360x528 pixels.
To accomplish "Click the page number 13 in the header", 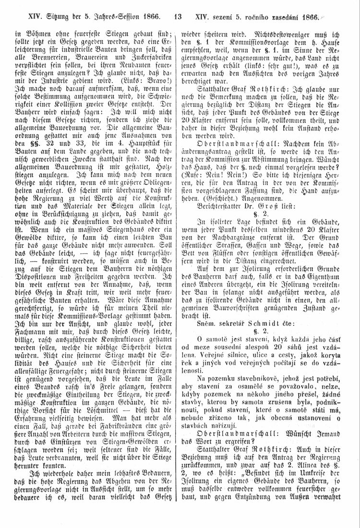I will click(178, 18).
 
